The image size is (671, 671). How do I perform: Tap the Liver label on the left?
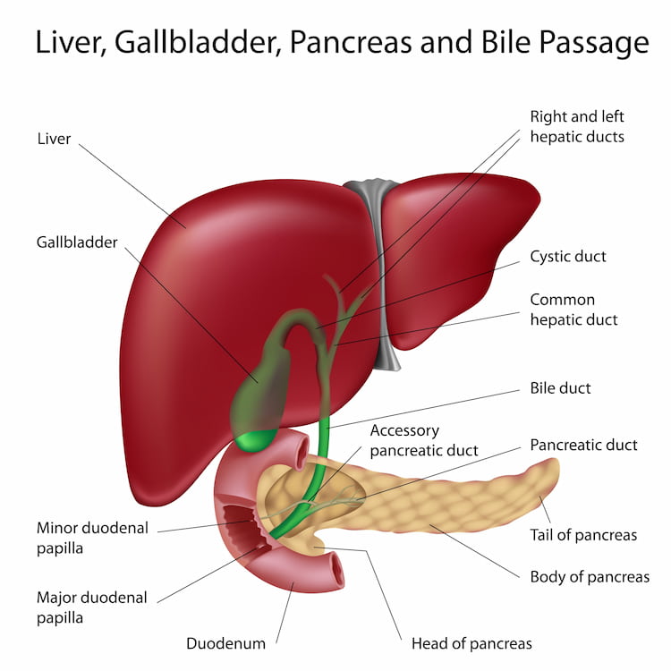pyautogui.click(x=54, y=139)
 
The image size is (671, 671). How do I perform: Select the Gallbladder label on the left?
pyautogui.click(x=77, y=242)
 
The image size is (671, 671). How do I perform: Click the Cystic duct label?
pyautogui.click(x=568, y=257)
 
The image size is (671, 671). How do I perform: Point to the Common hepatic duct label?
pyautogui.click(x=573, y=310)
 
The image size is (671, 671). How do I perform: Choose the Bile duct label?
pyautogui.click(x=560, y=389)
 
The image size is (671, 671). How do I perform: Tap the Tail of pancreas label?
pyautogui.click(x=583, y=535)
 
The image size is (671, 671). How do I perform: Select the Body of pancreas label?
pyautogui.click(x=590, y=577)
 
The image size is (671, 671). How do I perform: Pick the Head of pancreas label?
pyautogui.click(x=471, y=643)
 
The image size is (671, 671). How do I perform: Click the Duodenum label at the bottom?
pyautogui.click(x=225, y=643)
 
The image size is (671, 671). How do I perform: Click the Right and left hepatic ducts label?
pyautogui.click(x=577, y=126)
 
